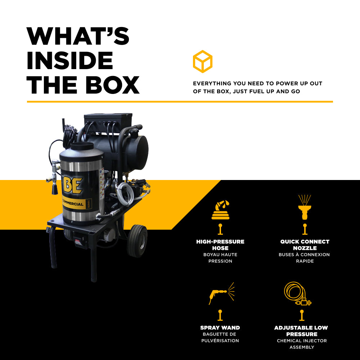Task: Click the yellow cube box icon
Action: click(x=202, y=62)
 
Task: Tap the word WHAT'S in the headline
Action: click(x=78, y=36)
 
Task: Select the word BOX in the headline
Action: click(x=112, y=85)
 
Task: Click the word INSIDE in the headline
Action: click(x=70, y=60)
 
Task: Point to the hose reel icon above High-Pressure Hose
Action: click(x=220, y=210)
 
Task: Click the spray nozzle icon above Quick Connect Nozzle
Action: click(x=305, y=207)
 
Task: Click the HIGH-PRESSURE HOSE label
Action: click(x=220, y=245)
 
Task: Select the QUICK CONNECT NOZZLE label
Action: click(x=305, y=245)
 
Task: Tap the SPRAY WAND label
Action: click(x=220, y=328)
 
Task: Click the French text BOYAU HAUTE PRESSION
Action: click(x=220, y=258)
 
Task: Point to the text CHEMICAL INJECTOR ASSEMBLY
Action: click(x=302, y=344)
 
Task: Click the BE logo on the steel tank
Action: click(x=72, y=185)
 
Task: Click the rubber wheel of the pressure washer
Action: click(x=137, y=241)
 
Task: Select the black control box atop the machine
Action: click(x=108, y=123)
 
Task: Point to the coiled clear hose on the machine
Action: click(x=125, y=193)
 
